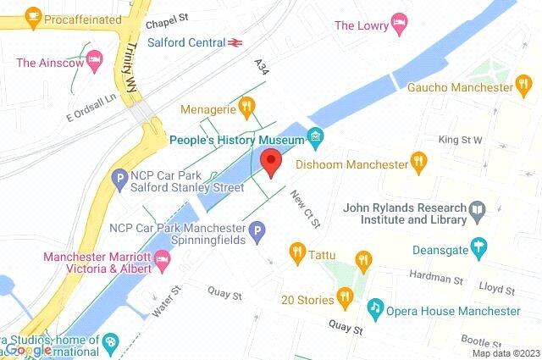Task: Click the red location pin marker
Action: (270, 162)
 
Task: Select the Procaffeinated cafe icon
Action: (34, 16)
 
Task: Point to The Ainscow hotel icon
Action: (94, 61)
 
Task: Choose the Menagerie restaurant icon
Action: (246, 107)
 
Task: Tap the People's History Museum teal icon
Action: (315, 136)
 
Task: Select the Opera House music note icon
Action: (374, 309)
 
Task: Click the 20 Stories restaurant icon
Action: (345, 296)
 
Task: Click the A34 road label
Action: (260, 65)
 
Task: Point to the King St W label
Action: (459, 140)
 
